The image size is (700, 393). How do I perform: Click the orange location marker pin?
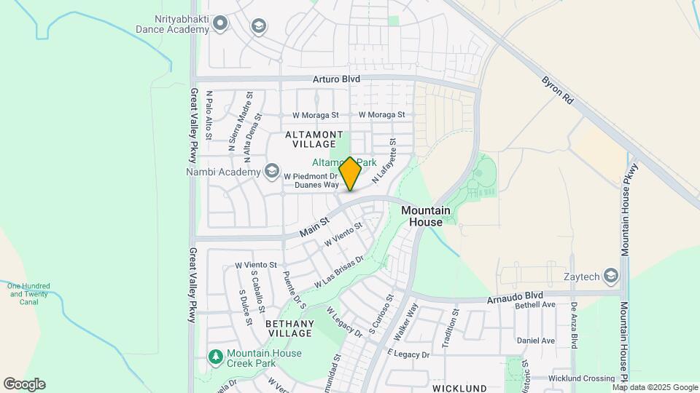[350, 174]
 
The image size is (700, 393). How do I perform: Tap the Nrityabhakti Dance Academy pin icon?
[221, 25]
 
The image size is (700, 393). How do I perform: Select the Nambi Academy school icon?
[272, 171]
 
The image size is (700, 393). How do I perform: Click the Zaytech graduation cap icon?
[610, 276]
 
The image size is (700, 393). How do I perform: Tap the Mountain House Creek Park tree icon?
[215, 357]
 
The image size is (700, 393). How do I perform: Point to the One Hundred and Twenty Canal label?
[28, 293]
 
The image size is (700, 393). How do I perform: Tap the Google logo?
[24, 384]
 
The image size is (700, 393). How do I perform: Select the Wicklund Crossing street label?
[582, 378]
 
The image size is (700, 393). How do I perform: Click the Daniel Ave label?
[535, 341]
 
